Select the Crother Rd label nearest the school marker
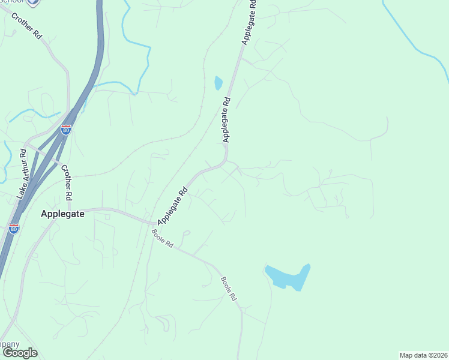tap(26, 24)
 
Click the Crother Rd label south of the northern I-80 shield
tap(67, 182)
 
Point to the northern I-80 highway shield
tap(65, 130)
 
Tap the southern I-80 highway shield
tap(14, 228)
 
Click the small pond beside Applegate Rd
tap(218, 83)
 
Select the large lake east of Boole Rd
tap(288, 277)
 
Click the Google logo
tap(20, 353)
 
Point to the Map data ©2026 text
tap(423, 355)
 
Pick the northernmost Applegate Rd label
tap(249, 23)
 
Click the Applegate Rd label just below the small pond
tap(226, 119)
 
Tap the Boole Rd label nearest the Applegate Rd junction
tap(163, 240)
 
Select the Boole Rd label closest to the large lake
tap(229, 288)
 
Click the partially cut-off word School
tap(12, 2)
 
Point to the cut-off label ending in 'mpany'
tap(10, 344)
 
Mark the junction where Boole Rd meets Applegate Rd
tap(152, 223)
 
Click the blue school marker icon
tap(34, 2)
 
